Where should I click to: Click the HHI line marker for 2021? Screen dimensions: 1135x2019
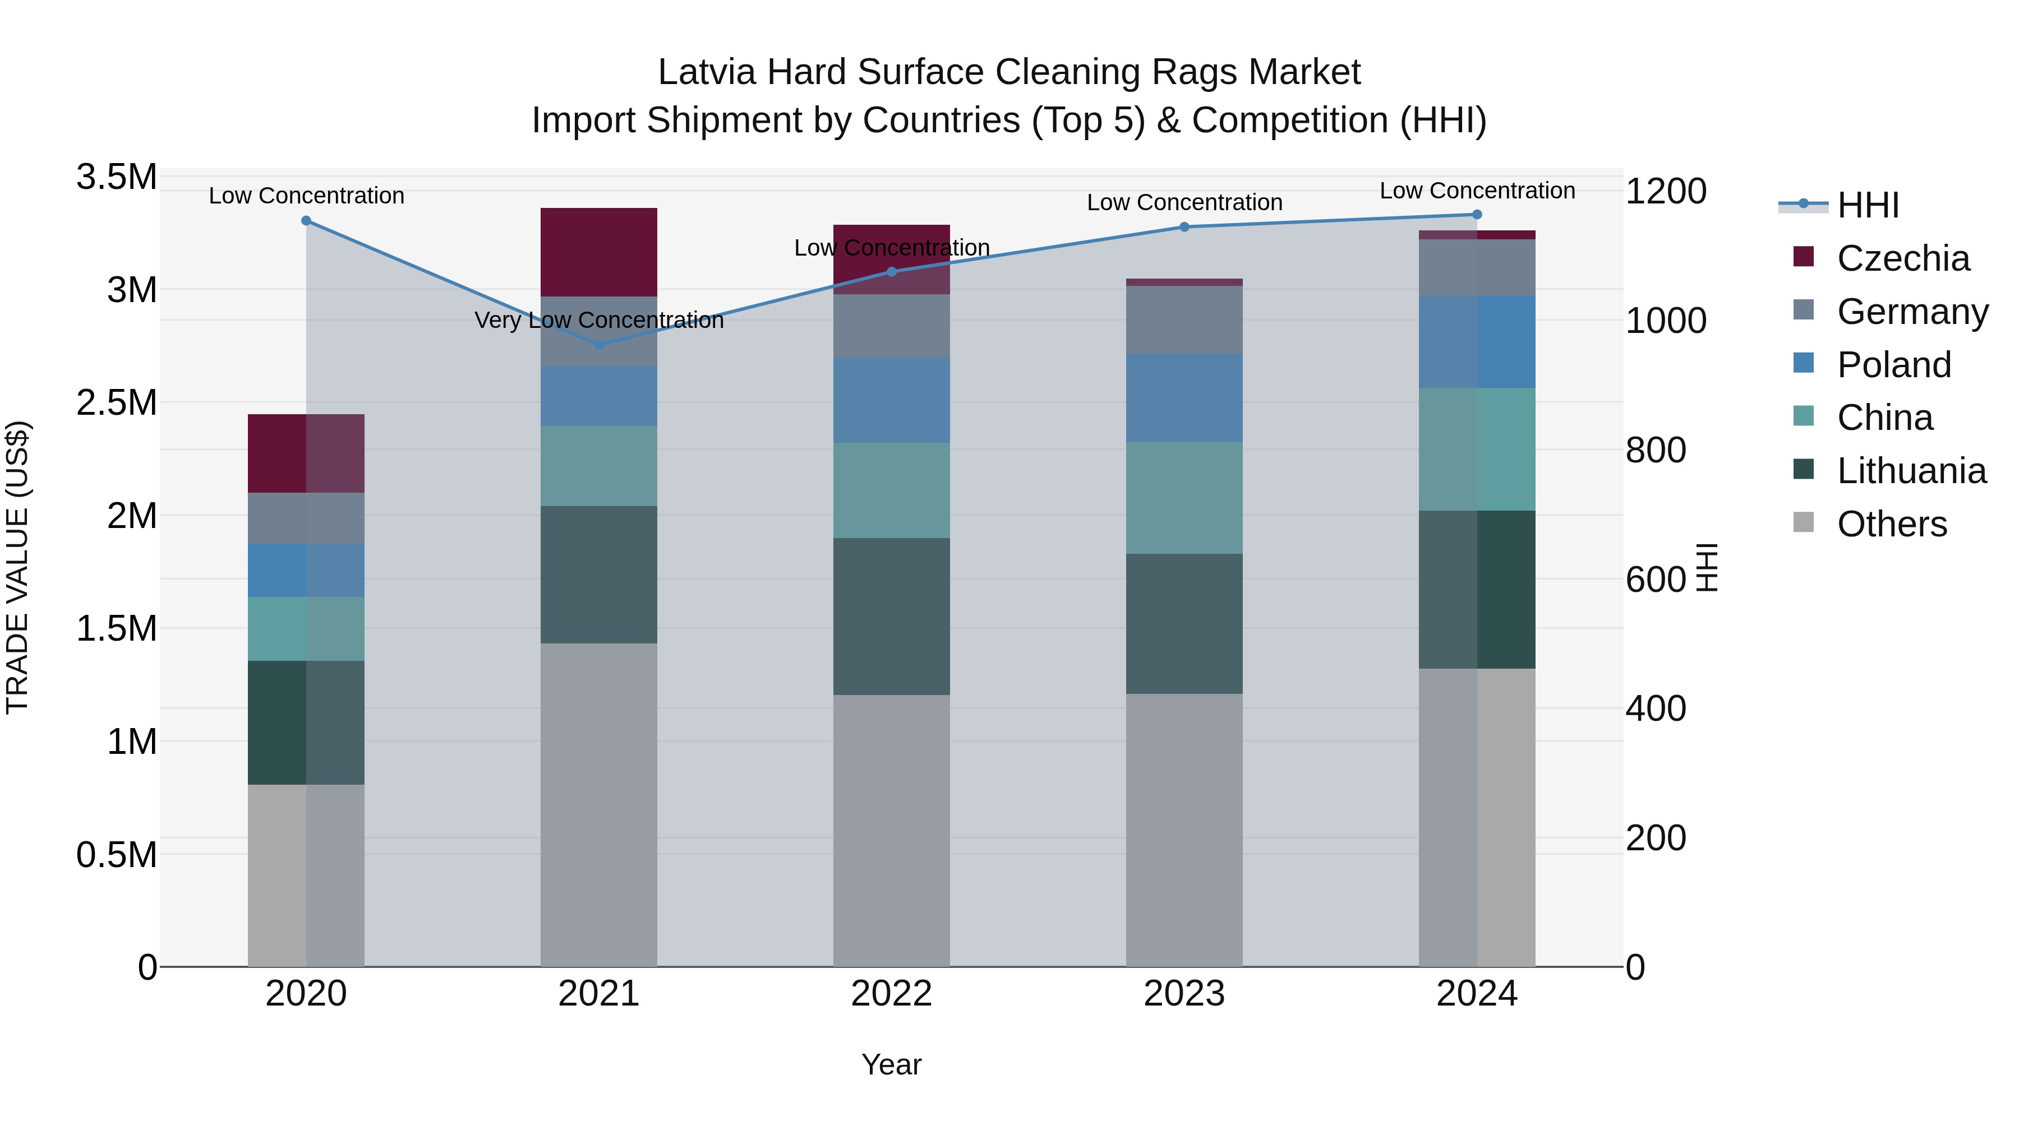point(599,345)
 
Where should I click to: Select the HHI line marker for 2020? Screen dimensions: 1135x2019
point(306,221)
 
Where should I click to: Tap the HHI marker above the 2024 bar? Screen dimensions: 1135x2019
point(1477,215)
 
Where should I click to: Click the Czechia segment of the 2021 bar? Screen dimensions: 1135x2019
point(599,252)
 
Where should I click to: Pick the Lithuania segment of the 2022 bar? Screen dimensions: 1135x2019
point(891,617)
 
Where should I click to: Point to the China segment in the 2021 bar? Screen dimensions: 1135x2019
point(599,466)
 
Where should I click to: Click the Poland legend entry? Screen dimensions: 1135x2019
point(1893,365)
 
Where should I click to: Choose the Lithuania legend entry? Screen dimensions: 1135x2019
point(1911,471)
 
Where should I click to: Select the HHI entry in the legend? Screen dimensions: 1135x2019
point(1867,205)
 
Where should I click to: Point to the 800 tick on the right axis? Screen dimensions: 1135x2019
point(1656,451)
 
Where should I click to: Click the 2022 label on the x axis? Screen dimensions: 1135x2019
point(891,994)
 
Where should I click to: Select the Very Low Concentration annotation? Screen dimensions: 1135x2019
point(599,321)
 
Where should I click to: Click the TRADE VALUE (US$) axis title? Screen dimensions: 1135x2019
point(17,567)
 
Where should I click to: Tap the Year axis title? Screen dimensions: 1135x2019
point(891,1064)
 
